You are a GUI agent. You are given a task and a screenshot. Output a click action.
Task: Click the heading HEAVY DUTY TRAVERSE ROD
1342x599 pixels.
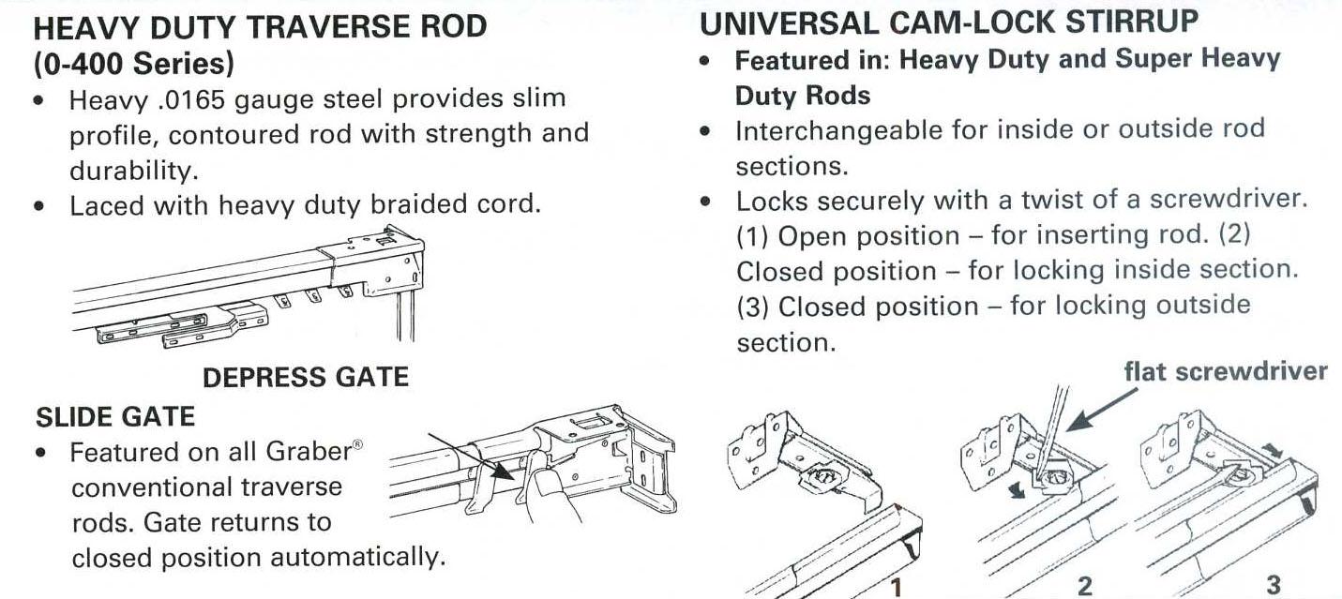coord(260,26)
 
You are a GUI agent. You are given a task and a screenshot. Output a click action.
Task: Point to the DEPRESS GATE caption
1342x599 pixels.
coord(306,377)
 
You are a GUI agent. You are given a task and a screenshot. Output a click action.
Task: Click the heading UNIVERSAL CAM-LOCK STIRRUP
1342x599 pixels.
coord(949,21)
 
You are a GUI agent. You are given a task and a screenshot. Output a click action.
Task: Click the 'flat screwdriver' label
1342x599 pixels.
coord(1226,371)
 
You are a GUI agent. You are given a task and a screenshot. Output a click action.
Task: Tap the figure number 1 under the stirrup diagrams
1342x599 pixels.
coord(897,587)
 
